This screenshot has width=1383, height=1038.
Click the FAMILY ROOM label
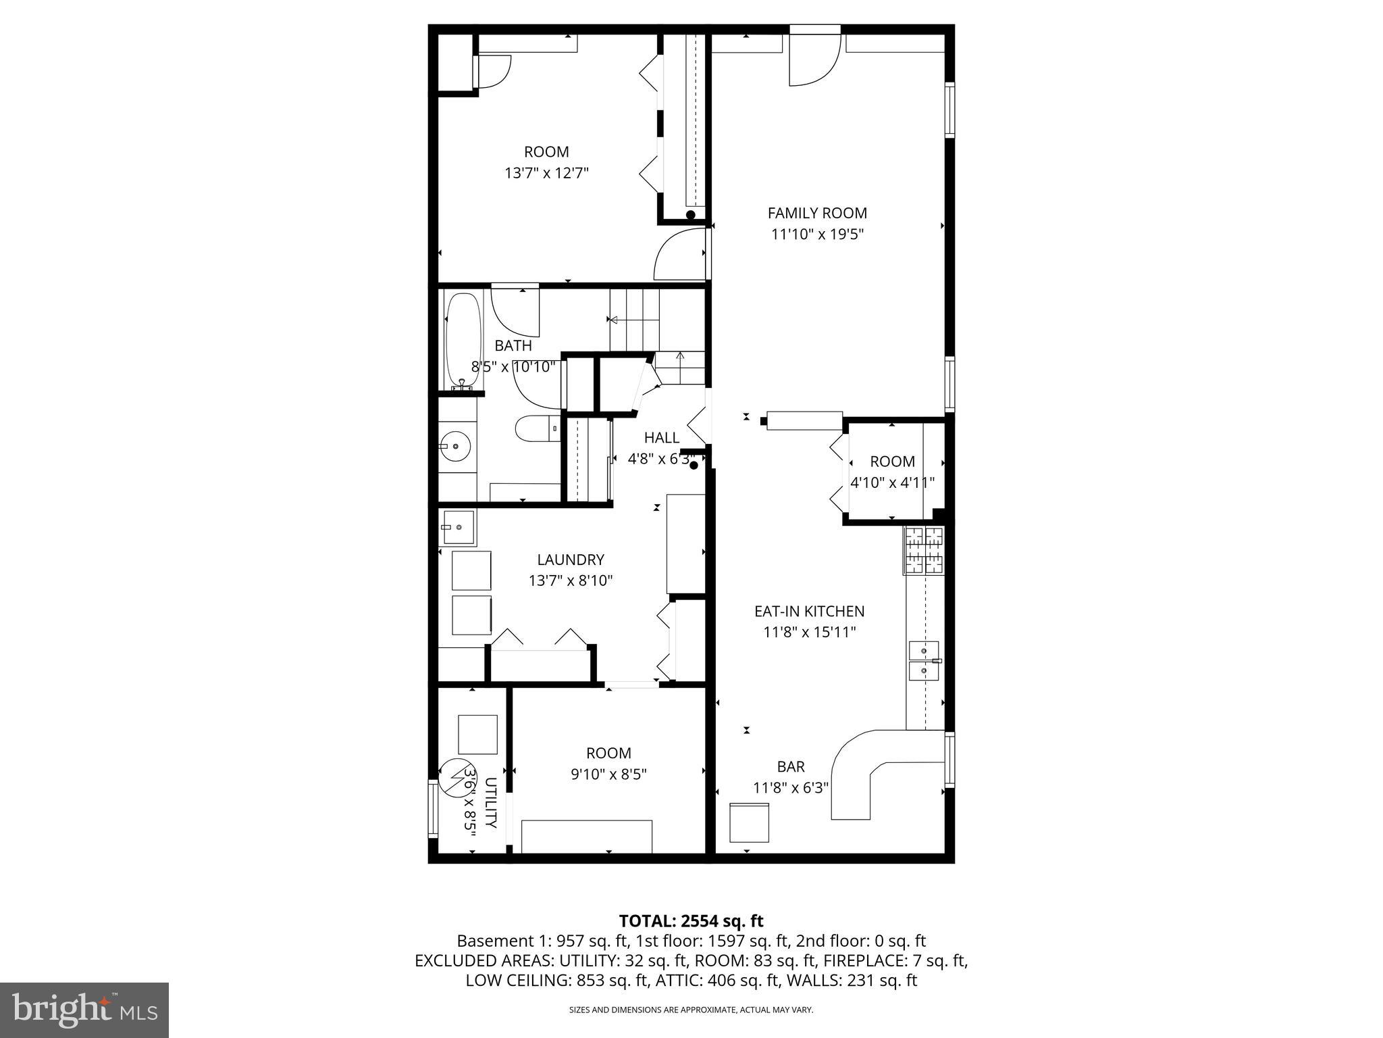click(x=817, y=213)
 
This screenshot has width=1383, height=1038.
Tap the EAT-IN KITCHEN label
click(x=809, y=611)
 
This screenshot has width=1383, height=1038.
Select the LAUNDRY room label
click(x=570, y=560)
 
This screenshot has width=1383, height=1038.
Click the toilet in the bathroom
click(x=537, y=428)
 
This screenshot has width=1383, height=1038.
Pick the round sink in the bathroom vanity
click(x=456, y=446)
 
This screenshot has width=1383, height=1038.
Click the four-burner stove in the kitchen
click(x=924, y=549)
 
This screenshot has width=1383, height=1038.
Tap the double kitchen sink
click(x=924, y=660)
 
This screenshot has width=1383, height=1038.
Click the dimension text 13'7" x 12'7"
click(x=546, y=173)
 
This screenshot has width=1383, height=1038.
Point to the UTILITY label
click(x=491, y=803)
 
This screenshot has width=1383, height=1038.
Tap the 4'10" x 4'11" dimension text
click(x=892, y=483)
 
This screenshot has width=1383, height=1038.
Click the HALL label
click(x=661, y=437)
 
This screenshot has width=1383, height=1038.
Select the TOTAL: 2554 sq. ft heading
click(x=691, y=920)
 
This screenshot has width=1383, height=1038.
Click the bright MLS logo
click(x=84, y=1010)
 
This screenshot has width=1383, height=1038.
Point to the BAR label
click(x=790, y=766)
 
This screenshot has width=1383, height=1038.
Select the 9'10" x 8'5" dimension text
click(x=608, y=774)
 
